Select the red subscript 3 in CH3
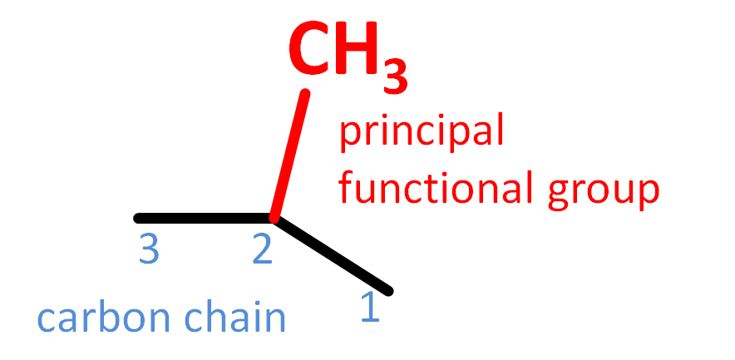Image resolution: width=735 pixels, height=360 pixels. pyautogui.click(x=397, y=76)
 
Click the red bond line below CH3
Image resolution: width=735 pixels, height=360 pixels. pyautogui.click(x=290, y=154)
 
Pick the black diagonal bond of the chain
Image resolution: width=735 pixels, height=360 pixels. pyautogui.click(x=333, y=254)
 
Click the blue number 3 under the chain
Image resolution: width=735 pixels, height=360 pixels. pyautogui.click(x=149, y=250)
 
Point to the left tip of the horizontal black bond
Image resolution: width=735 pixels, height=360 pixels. pyautogui.click(x=138, y=219)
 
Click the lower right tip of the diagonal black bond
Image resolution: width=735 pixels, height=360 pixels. pyautogui.click(x=387, y=290)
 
